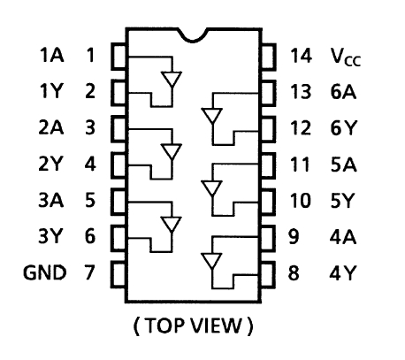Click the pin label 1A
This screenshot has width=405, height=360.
click(51, 55)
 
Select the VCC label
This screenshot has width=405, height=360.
click(346, 57)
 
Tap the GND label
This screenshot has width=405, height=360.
click(44, 272)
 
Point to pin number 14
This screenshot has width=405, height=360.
click(301, 56)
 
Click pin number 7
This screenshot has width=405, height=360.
click(90, 272)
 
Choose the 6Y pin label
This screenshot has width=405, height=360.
click(344, 128)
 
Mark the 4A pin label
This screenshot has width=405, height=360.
click(343, 237)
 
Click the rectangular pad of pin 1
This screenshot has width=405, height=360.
click(119, 57)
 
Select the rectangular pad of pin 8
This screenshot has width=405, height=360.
click(268, 274)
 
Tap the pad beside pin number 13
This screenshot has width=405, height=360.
click(268, 93)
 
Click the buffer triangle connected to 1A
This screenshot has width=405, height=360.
click(172, 79)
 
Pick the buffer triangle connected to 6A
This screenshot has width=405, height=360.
click(212, 116)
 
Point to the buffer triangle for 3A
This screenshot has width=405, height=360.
click(172, 224)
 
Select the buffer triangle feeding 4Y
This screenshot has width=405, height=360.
click(212, 261)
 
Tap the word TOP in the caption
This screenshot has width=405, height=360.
click(164, 326)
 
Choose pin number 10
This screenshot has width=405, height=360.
click(301, 201)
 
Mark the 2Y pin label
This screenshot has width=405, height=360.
click(50, 164)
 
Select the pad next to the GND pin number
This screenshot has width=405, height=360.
click(119, 274)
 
